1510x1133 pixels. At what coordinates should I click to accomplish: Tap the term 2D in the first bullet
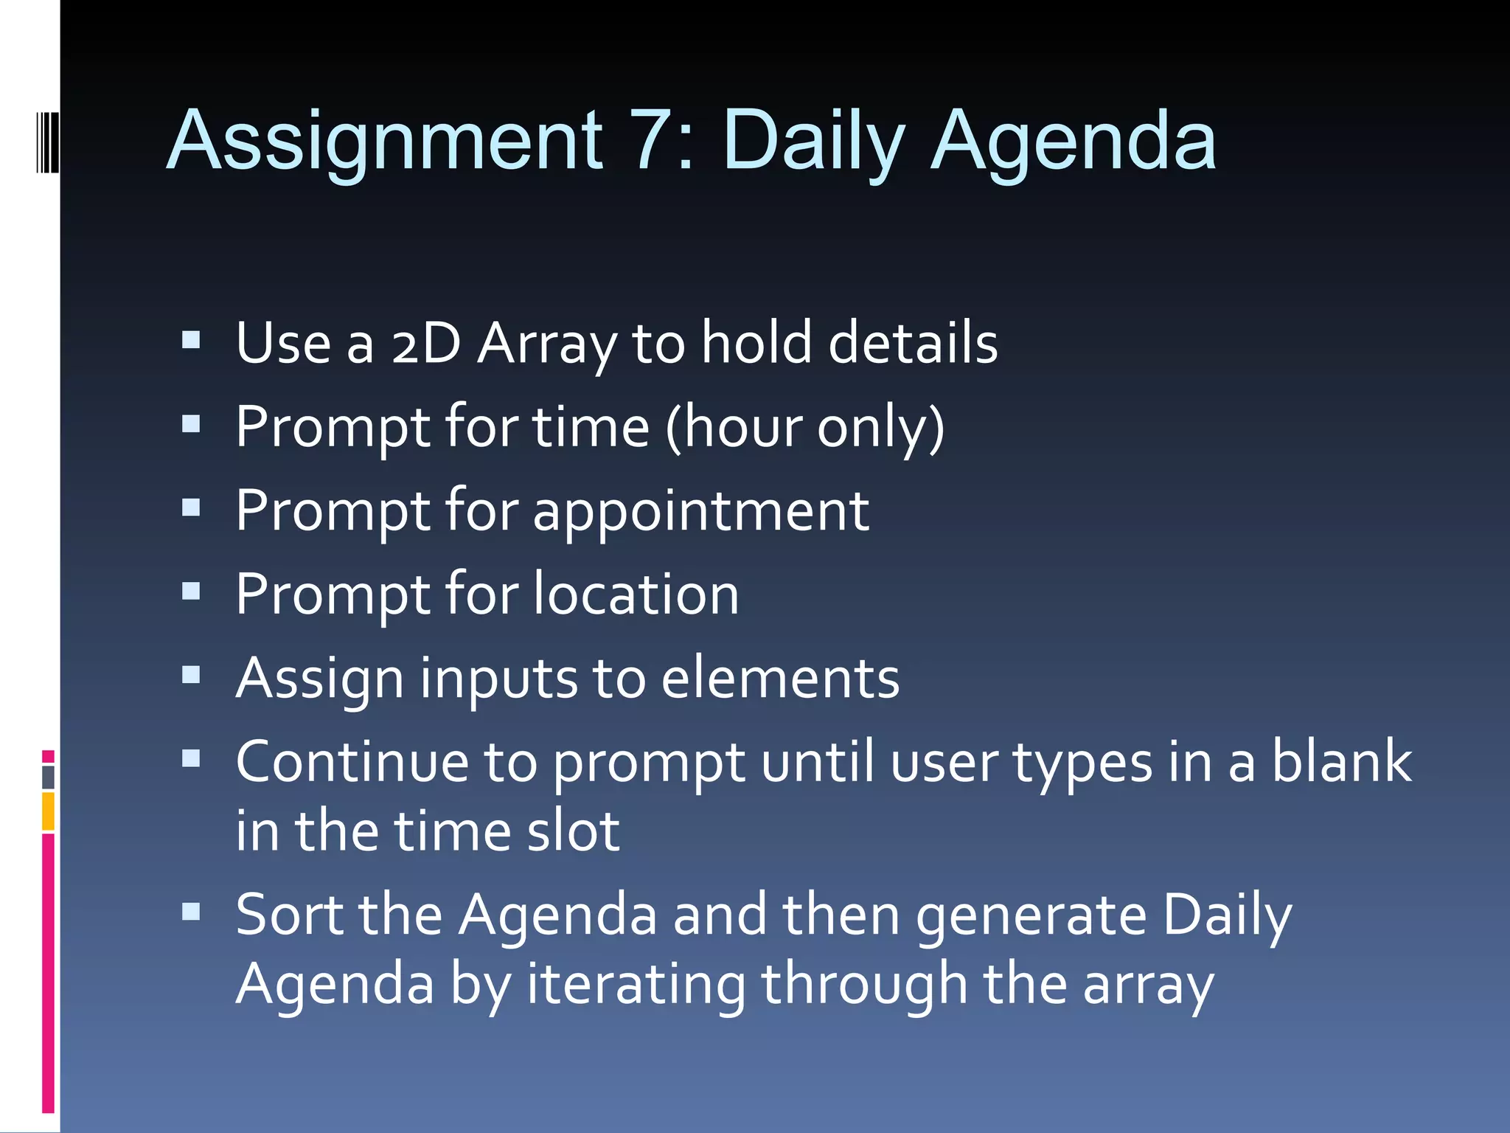(x=425, y=344)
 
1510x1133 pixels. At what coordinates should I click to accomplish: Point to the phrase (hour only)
(x=804, y=427)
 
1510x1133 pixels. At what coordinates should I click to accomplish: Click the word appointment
(x=700, y=511)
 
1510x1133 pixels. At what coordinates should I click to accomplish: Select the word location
(x=636, y=595)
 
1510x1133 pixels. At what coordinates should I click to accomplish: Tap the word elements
(x=780, y=679)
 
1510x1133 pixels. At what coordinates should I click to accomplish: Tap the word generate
(x=1031, y=915)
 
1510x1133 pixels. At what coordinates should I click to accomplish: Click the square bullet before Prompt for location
(x=191, y=592)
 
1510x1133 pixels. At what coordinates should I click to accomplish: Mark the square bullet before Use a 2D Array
(x=191, y=340)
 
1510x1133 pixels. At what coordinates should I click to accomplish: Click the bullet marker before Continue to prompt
(x=191, y=759)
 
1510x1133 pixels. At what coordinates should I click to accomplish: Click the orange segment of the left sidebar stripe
(x=48, y=811)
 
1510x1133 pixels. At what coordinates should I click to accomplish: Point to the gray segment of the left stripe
(x=48, y=777)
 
